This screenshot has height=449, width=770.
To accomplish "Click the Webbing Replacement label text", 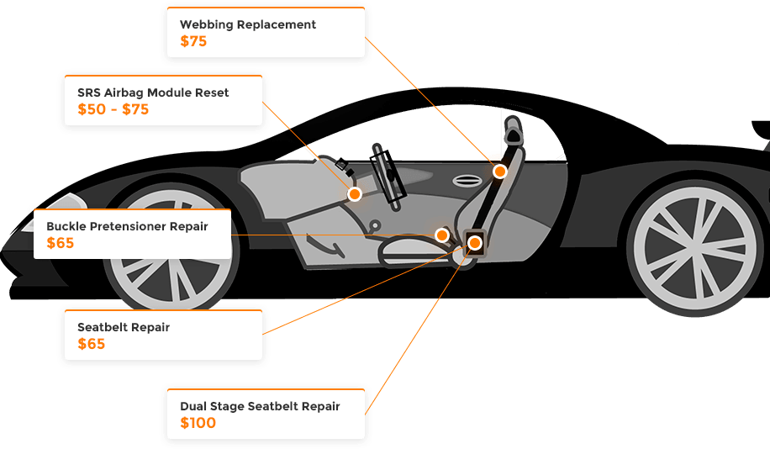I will coord(248,24).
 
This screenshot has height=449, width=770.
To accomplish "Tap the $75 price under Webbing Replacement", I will coord(193,41).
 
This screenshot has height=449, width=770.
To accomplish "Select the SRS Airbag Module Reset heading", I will coord(153,92).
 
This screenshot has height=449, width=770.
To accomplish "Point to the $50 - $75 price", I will coord(113,109).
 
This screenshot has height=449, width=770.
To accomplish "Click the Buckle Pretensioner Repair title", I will coord(127,226).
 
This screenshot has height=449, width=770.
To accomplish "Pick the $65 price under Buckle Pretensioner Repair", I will coord(61,244).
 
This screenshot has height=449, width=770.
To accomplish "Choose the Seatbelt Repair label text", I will coord(124,327).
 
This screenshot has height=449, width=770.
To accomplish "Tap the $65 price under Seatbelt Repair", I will coord(91,344).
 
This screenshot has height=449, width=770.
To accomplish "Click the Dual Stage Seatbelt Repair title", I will coord(260,406).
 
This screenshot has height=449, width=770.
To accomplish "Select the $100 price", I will coord(198,423).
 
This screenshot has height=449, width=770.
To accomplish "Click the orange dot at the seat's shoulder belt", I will coord(500,172).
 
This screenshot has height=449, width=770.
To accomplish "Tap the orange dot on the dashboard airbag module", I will coord(355,194).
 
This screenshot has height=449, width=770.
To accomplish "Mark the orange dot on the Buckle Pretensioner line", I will coord(441,235).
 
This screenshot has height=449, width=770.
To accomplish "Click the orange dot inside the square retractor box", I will coord(475,243).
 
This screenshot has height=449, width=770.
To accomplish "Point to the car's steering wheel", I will coord(389,173).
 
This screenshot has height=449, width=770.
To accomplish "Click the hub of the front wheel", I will coord(170,251).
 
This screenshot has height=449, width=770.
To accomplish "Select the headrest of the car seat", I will coord(513,135).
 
